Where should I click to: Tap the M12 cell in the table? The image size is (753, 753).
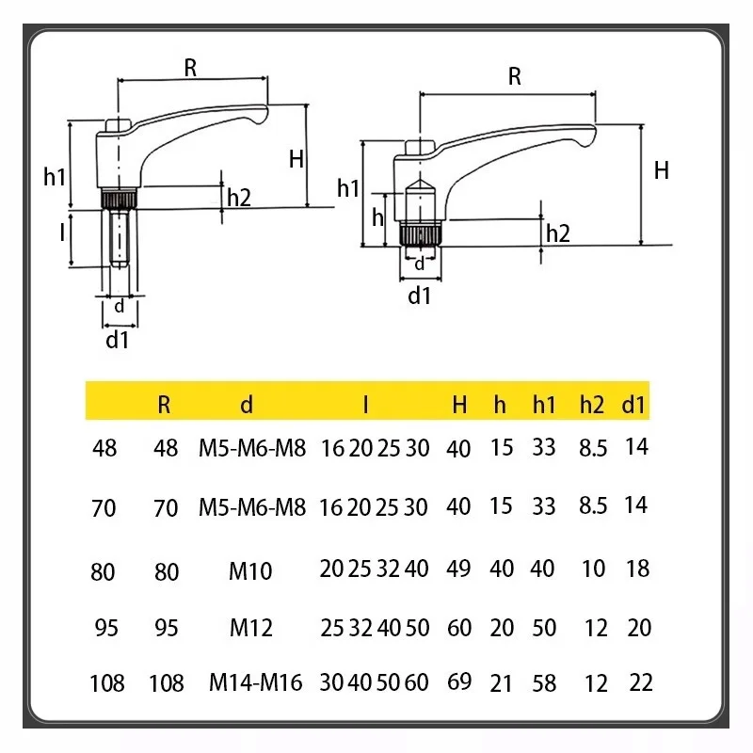point(250,627)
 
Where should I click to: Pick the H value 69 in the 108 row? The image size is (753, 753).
point(459,681)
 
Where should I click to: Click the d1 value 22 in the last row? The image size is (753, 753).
point(640,682)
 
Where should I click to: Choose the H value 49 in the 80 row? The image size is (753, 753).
point(459,569)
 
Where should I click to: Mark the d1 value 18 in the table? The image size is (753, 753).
point(639,569)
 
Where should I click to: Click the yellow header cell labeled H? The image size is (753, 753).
point(459,405)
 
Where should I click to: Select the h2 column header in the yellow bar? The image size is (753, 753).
point(591,405)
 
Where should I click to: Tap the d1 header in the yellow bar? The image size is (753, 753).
point(634,405)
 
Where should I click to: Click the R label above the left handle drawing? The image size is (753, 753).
point(190,67)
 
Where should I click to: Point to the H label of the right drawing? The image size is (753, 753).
point(662,170)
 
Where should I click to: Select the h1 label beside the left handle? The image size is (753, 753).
point(56,175)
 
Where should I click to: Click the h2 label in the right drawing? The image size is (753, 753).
point(558,232)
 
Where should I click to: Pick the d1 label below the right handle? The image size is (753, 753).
point(419,296)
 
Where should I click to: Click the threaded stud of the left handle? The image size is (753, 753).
point(119,238)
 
